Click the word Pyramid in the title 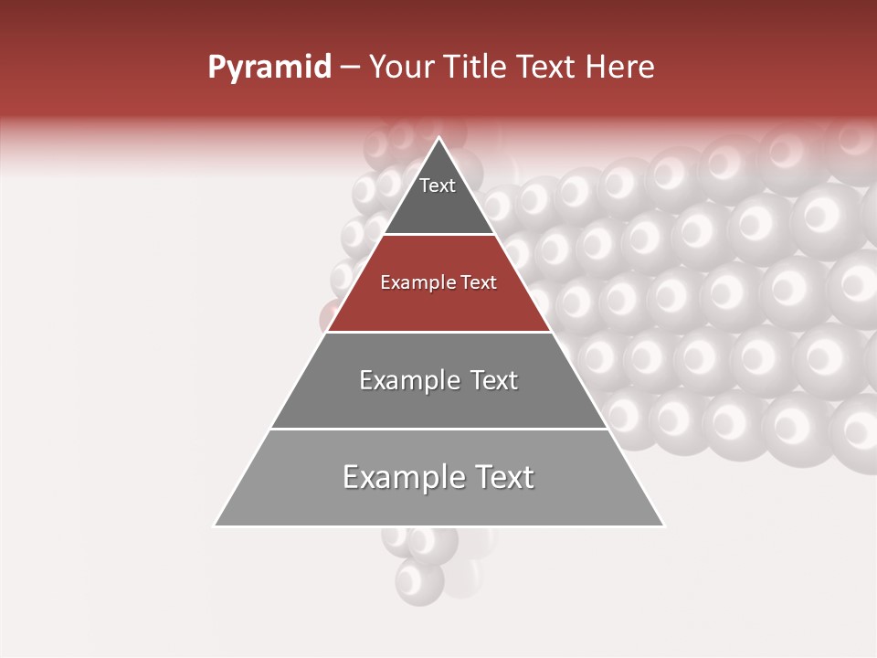click(269, 68)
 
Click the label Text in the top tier click(438, 186)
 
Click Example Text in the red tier click(438, 283)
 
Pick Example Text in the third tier click(438, 380)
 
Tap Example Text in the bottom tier click(438, 477)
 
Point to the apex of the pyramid click(439, 139)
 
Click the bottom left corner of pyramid click(216, 525)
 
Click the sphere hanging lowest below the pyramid click(419, 580)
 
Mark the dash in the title click(350, 68)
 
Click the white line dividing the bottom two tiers click(438, 429)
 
